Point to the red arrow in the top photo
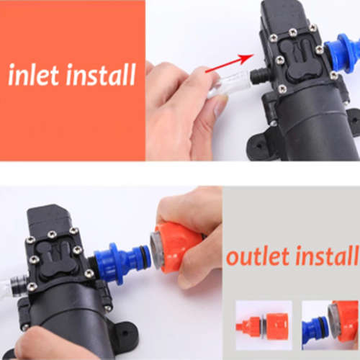pos(229,63)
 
